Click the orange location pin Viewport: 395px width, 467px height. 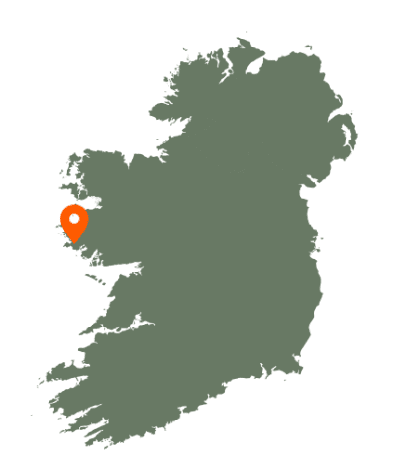pos(74,221)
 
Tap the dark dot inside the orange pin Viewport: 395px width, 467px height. pos(74,217)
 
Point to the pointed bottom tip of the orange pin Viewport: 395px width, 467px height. pos(74,242)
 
